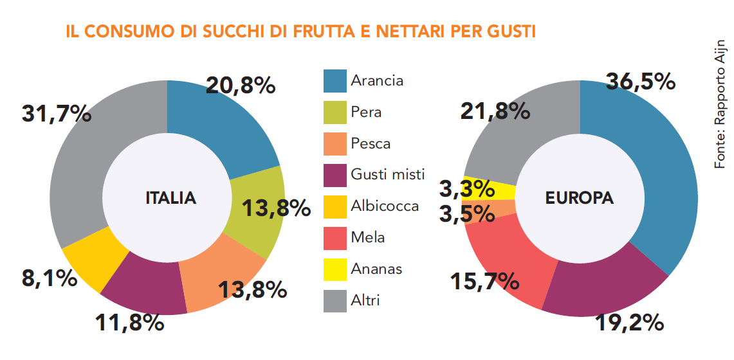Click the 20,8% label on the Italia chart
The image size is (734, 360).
[x=241, y=85]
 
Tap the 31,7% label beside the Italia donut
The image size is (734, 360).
[x=57, y=114]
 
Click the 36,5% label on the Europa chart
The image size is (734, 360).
[x=640, y=82]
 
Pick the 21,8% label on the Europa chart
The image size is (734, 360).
[x=495, y=111]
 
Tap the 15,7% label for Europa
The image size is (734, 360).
[x=484, y=281]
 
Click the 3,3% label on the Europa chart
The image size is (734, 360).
[x=467, y=190]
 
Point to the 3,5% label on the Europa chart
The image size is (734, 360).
[x=467, y=213]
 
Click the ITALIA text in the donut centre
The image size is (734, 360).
[x=170, y=199]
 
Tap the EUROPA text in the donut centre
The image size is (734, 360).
[x=580, y=199]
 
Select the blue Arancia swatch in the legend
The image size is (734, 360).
[x=335, y=81]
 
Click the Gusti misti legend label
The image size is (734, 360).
[x=387, y=174]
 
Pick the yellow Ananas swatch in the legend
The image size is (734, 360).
[x=335, y=269]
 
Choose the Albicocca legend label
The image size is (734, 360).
[x=385, y=206]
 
